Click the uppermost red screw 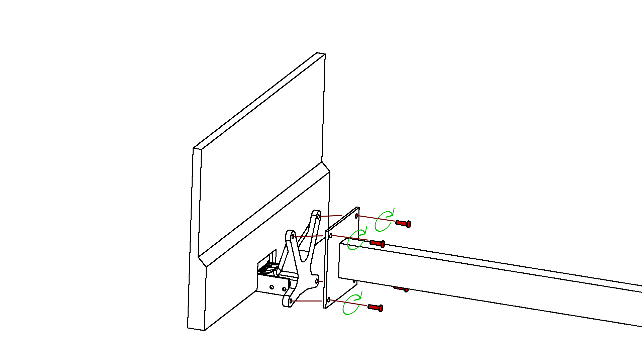[x=403, y=223]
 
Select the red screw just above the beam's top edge [x=378, y=243]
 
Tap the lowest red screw [x=375, y=307]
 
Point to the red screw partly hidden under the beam [x=401, y=288]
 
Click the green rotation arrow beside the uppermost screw [x=384, y=221]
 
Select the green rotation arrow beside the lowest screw [x=352, y=304]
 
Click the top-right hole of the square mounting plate [x=356, y=216]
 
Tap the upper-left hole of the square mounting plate [x=331, y=236]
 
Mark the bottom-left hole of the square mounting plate [x=329, y=300]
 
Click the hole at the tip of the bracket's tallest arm [x=319, y=217]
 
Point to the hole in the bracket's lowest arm [x=291, y=301]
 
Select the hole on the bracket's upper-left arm [x=293, y=237]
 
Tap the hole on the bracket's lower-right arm [x=317, y=281]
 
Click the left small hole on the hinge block [x=272, y=287]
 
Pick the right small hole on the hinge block [x=284, y=289]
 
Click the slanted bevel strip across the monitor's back [x=264, y=214]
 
